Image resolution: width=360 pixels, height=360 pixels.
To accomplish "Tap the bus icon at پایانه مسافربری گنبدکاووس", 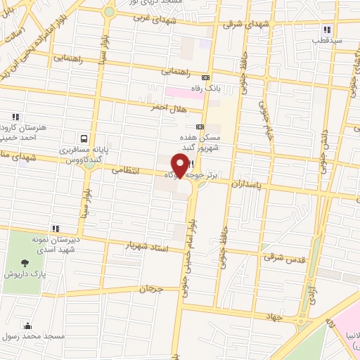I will point(84,139).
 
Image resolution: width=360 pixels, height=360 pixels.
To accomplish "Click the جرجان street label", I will point(150,289).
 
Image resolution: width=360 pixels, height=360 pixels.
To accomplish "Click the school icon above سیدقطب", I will point(327,30).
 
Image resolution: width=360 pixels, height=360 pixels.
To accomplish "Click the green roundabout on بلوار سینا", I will point(108,11).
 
